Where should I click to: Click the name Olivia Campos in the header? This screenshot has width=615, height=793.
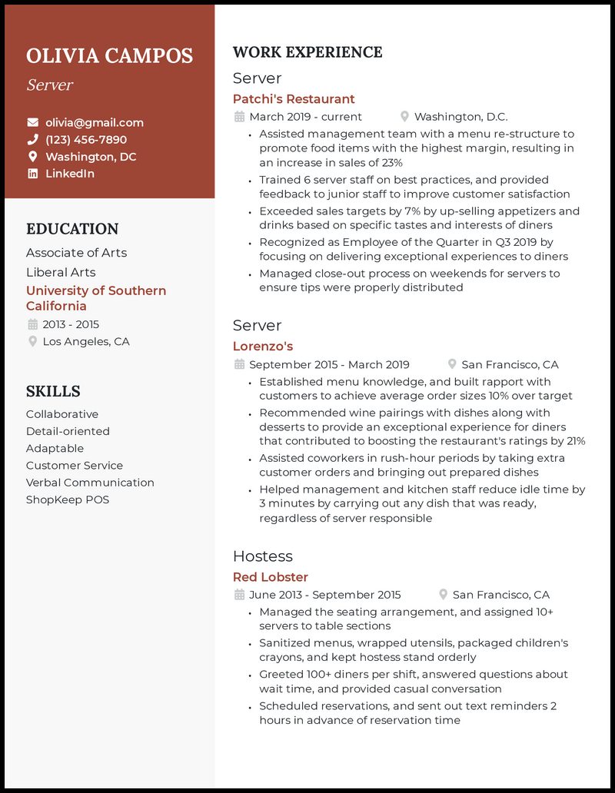point(109,56)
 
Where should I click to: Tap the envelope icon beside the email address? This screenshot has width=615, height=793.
point(32,122)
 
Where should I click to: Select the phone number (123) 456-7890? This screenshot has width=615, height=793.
point(86,139)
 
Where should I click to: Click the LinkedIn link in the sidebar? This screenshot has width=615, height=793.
point(70,174)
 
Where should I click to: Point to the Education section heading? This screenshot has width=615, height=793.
point(72,229)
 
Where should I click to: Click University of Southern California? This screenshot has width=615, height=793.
point(96,298)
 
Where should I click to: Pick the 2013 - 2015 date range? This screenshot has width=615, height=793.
point(71,324)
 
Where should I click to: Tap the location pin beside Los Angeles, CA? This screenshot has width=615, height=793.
point(32,341)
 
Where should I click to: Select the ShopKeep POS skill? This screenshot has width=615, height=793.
point(68,499)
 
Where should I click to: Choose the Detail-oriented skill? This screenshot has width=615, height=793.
point(68,431)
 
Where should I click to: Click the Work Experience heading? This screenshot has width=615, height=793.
point(307,52)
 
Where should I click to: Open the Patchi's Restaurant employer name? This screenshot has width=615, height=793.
point(294,99)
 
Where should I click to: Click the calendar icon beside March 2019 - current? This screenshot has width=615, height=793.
point(239,117)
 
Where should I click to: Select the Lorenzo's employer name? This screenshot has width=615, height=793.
point(263,347)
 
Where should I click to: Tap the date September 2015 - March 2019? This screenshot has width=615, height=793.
point(329,365)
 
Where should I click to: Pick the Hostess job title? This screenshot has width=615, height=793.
point(263,556)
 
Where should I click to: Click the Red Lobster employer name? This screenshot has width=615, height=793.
point(271,577)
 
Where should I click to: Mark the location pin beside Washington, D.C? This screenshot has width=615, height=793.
point(404,117)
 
